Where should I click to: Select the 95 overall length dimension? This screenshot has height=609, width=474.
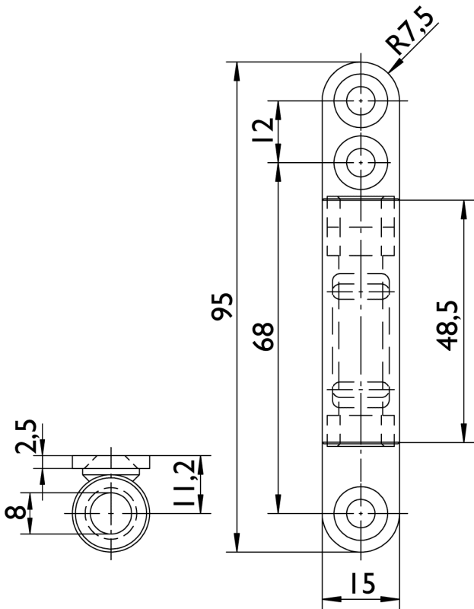[x=221, y=307]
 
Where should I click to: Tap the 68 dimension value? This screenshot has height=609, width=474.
[x=263, y=336]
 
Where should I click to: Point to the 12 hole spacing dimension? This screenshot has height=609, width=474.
[x=263, y=130]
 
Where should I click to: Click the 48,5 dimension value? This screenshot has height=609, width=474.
[x=447, y=326]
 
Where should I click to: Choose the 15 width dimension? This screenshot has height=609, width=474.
[x=363, y=583]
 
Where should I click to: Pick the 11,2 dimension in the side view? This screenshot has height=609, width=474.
[x=183, y=483]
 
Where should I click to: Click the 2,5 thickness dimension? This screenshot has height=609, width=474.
[x=26, y=436]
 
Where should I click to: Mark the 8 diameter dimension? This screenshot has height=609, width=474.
[x=15, y=513]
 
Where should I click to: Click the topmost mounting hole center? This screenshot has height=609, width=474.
[x=361, y=100]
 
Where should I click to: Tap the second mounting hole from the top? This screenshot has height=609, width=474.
[x=361, y=162]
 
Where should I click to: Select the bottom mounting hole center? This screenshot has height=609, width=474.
[x=361, y=513]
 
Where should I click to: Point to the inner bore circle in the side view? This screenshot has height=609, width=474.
[x=110, y=513]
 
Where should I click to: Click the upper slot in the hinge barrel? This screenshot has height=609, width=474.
[x=361, y=286]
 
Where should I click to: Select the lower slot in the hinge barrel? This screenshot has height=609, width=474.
[x=361, y=394]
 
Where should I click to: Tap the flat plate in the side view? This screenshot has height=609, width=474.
[x=111, y=462]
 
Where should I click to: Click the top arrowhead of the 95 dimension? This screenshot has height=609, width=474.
[x=237, y=71]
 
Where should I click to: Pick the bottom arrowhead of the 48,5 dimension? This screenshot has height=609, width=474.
[x=464, y=433]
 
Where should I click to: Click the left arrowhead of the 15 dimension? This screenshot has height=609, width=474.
[x=332, y=599]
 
